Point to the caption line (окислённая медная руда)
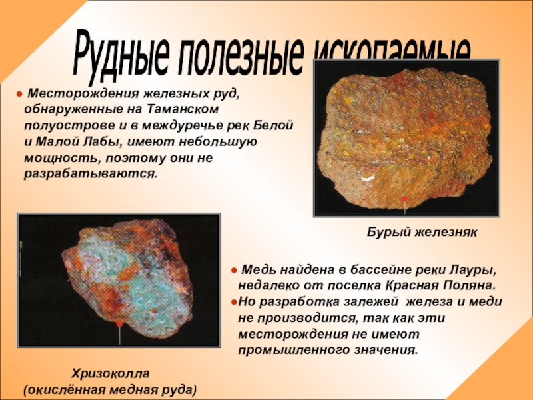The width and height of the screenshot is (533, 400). point(111,387)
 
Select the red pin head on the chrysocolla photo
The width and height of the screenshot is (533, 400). point(120,323)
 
